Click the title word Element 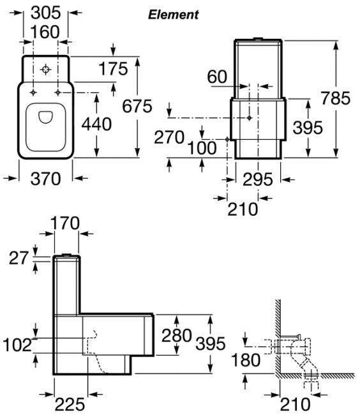pos(173,15)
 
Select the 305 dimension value pos(46,13)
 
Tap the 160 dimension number pos(45,32)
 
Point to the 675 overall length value pos(137,106)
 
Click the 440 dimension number pos(96,124)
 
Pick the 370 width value pos(46,179)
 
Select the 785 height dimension pos(336,98)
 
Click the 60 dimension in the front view pos(217,77)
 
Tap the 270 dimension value pos(169,137)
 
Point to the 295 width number pos(258,179)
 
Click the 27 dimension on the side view pos(19,258)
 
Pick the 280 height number pos(177,336)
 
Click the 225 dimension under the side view pos(70,404)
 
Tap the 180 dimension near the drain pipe pos(246,360)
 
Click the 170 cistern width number pos(65,223)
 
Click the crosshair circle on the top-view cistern pos(45,70)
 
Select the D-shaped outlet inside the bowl pos(45,117)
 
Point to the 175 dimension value pos(113,69)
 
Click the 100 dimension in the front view pos(202,148)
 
